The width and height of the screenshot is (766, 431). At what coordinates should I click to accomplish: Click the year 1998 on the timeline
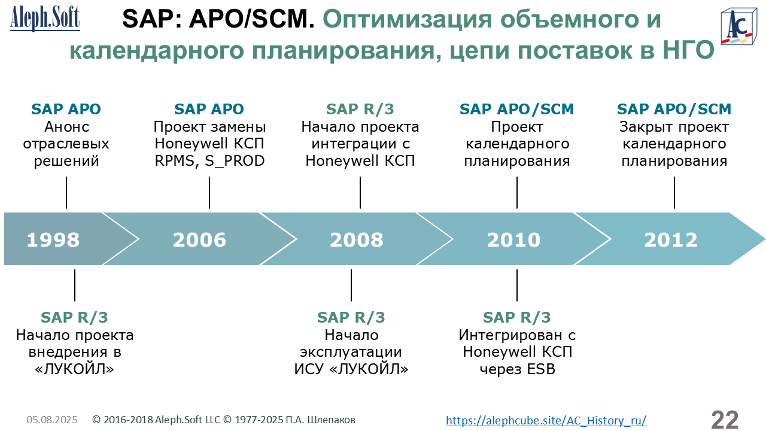click(53, 240)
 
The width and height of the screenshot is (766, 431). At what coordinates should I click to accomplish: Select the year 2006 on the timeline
click(199, 240)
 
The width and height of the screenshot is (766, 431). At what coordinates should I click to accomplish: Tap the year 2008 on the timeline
click(357, 240)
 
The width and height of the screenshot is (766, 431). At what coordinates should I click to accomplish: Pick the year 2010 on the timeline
click(513, 240)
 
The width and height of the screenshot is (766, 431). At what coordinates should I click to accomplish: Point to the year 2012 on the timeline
click(671, 240)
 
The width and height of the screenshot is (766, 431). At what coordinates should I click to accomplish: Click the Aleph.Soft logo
click(45, 18)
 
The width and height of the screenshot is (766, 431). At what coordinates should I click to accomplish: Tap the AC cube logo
click(738, 27)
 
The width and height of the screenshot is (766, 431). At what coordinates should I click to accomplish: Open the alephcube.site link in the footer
click(546, 420)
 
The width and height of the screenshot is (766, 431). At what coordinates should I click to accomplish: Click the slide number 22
click(725, 420)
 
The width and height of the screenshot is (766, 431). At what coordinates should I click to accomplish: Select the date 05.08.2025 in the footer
click(52, 420)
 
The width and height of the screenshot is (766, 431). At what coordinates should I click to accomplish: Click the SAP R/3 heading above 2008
click(360, 109)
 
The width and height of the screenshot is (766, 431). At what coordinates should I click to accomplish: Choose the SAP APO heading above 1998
click(66, 109)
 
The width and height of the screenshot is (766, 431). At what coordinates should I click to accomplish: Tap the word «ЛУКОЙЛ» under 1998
click(75, 369)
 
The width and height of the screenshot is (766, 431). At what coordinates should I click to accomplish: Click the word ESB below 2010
click(541, 369)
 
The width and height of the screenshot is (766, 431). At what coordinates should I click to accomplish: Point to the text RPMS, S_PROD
click(209, 161)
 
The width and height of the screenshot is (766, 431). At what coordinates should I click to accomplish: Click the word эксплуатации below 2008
click(351, 353)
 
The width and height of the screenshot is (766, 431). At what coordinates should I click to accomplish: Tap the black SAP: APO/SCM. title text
click(218, 19)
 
